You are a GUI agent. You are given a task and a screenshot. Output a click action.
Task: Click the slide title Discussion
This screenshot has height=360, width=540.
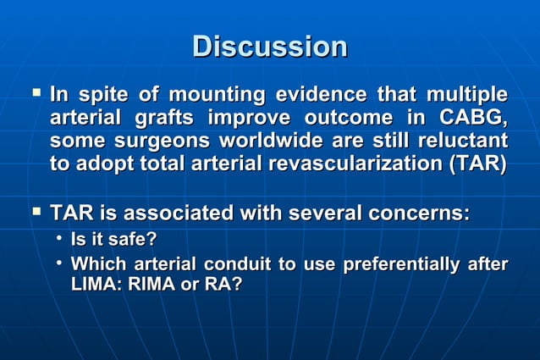pyautogui.click(x=269, y=46)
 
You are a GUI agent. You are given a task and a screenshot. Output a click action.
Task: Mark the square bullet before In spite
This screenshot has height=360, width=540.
pyautogui.click(x=36, y=90)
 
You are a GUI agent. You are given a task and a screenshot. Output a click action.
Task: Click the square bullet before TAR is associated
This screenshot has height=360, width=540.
pyautogui.click(x=36, y=209)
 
